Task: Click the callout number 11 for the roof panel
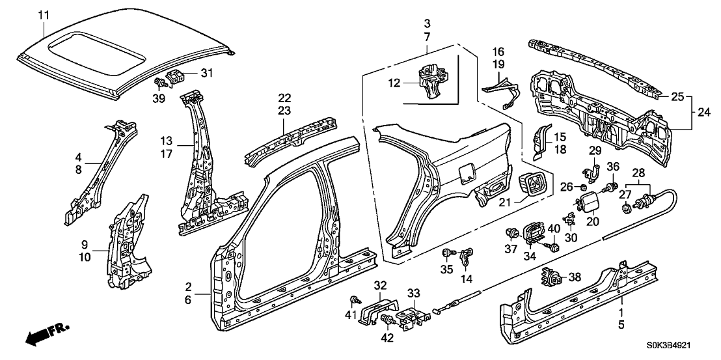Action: pyautogui.click(x=43, y=14)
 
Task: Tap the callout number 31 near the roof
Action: pyautogui.click(x=208, y=72)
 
